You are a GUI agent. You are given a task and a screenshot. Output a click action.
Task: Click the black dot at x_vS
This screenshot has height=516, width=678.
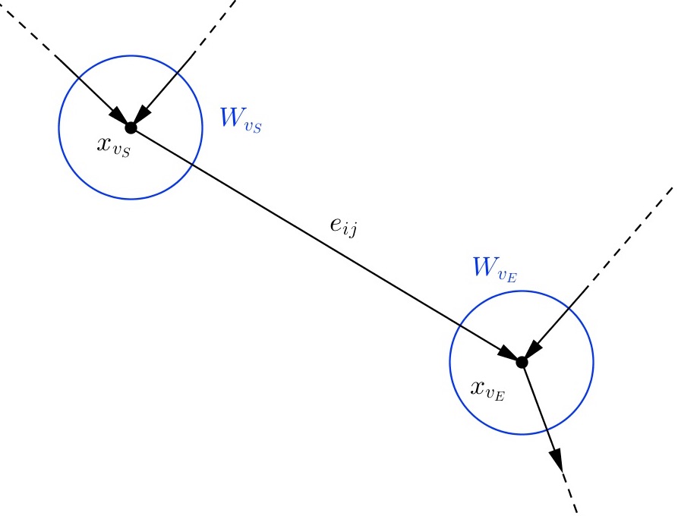click(131, 127)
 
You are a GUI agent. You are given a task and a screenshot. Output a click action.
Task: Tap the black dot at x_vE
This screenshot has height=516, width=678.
click(522, 363)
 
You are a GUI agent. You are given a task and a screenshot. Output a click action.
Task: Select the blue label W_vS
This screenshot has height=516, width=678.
click(240, 121)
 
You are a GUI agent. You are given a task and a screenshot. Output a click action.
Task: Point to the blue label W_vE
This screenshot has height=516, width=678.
click(494, 269)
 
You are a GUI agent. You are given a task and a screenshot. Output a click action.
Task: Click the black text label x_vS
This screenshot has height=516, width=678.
click(114, 146)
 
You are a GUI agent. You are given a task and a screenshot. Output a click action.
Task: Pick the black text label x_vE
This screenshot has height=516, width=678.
click(488, 389)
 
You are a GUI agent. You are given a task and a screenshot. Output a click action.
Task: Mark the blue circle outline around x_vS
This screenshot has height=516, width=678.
click(59, 127)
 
